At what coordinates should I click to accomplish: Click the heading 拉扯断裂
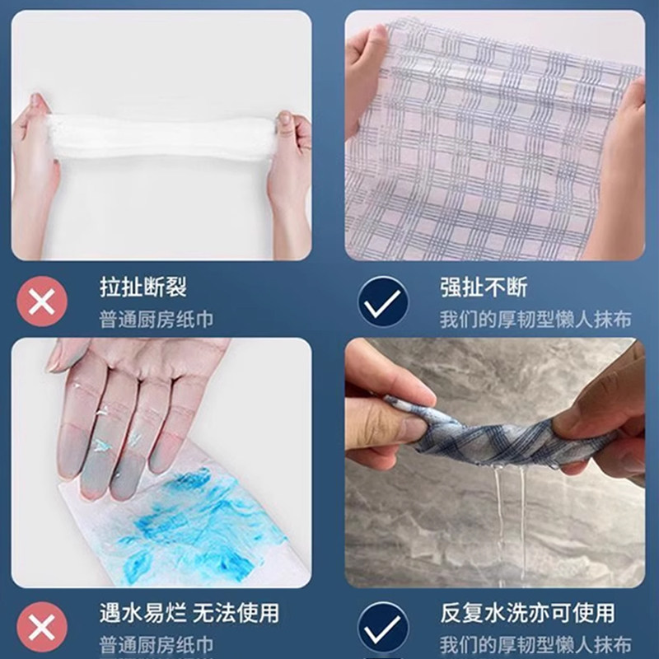point(143,287)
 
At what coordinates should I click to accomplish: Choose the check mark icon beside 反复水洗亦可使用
point(383,628)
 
